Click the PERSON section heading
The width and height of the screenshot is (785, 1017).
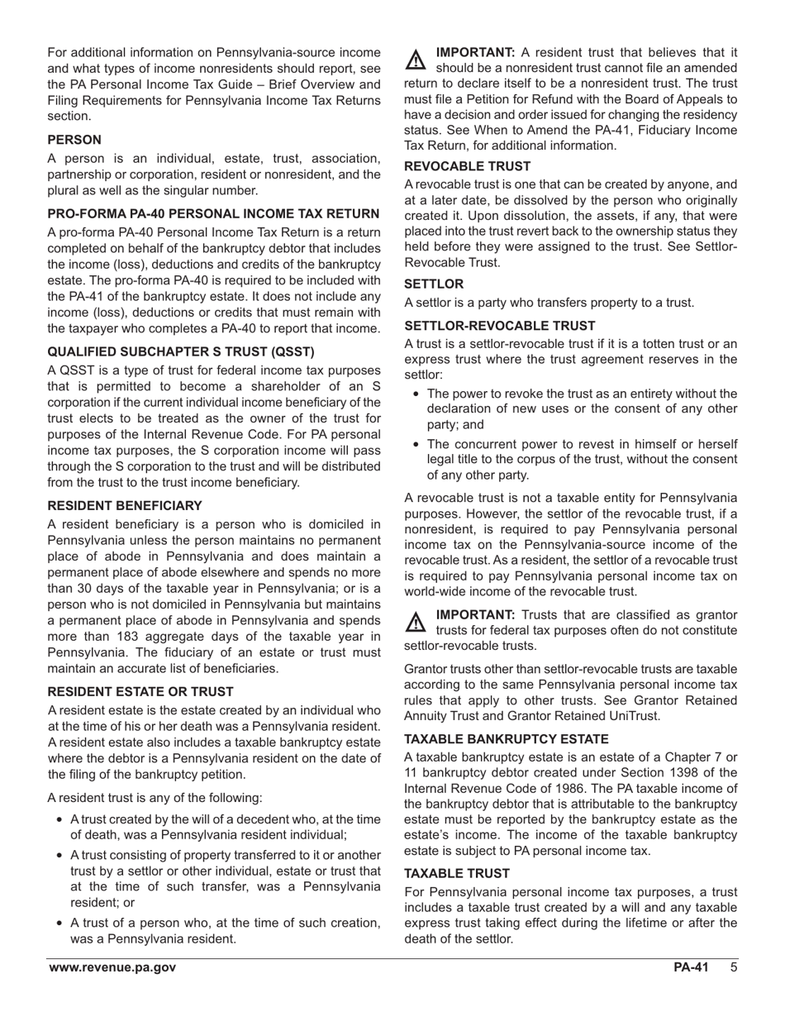coord(74,141)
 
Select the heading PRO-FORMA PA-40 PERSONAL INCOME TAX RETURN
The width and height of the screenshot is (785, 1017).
coord(213,213)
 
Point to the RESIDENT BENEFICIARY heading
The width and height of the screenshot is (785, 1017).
coord(124,505)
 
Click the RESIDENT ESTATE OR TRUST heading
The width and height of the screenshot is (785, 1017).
coord(140,691)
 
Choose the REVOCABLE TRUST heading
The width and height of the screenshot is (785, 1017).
coord(467,166)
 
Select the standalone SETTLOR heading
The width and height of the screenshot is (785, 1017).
coord(434,284)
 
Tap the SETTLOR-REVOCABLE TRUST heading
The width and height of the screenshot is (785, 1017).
coord(499,326)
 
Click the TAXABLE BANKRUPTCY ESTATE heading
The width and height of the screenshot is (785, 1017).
coord(506,739)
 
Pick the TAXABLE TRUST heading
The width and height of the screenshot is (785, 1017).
coord(457,873)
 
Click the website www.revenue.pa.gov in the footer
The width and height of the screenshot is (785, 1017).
coord(112,968)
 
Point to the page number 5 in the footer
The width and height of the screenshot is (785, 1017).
coord(733,968)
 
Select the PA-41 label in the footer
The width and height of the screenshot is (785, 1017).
coord(691,968)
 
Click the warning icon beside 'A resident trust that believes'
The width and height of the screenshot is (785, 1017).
coord(416,60)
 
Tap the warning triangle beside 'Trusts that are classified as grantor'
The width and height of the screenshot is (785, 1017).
coord(416,621)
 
